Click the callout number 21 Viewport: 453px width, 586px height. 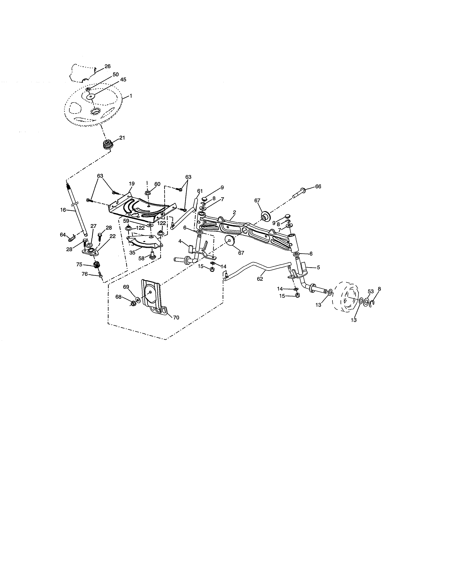pos(122,138)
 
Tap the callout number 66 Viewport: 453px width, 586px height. pos(318,186)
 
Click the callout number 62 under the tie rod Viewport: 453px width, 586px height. pos(260,279)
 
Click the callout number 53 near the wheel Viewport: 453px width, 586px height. pos(371,292)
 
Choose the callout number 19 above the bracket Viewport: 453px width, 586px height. pos(131,184)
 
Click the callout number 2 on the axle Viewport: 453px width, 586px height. pos(234,212)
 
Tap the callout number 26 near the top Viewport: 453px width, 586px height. pos(107,66)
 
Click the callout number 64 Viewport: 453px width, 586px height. pos(63,235)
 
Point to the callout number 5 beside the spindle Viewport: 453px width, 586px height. pos(318,267)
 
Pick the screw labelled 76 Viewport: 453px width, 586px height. pos(100,275)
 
